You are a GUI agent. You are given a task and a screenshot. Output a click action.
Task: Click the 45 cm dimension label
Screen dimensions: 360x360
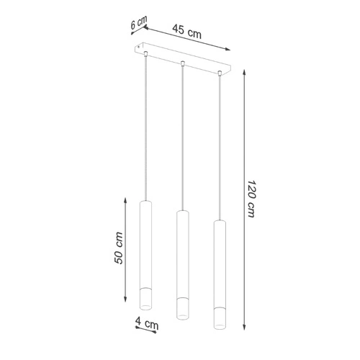click(186, 32)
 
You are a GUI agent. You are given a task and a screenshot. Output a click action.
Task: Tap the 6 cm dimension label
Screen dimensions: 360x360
click(138, 23)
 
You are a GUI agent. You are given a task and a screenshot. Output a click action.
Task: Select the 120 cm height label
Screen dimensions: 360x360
click(251, 199)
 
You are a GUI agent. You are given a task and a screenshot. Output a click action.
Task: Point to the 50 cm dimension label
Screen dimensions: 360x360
click(119, 248)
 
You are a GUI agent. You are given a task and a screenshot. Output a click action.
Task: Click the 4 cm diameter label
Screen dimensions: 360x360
click(147, 323)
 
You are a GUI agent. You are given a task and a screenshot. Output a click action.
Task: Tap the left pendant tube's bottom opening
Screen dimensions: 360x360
click(145, 307)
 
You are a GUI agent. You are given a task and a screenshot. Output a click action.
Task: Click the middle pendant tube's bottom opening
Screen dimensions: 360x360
click(183, 316)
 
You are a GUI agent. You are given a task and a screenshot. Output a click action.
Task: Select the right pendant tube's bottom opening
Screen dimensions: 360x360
click(220, 326)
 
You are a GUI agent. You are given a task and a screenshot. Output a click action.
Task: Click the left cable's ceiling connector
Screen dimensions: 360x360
click(145, 53)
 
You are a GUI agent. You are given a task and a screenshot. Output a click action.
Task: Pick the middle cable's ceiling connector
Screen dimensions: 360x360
click(182, 63)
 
